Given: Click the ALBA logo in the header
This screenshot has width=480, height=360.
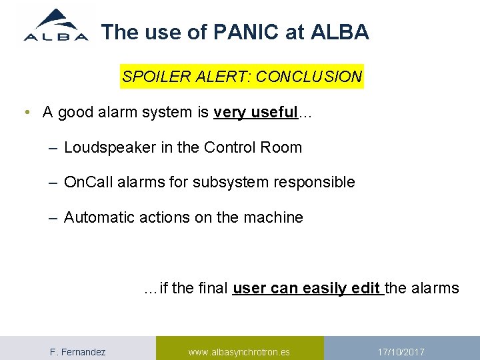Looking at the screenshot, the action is [56, 26].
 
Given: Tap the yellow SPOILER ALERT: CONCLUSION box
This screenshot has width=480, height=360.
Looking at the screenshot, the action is [241, 77].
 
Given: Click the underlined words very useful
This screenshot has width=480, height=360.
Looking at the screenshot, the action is [255, 113].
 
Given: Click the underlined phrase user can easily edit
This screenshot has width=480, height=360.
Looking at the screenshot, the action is [307, 289].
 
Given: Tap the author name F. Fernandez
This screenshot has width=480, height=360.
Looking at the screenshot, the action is [78, 352].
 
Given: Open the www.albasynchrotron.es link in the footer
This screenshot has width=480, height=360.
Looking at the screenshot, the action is [239, 352].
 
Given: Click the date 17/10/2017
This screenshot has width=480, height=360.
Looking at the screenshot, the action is [401, 352].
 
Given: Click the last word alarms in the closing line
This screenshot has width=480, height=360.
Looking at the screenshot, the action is [436, 289].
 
